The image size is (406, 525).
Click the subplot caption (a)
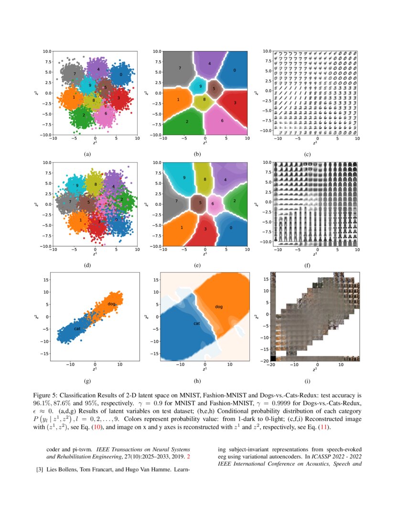click(86, 154)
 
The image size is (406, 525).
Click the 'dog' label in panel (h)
click(219, 306)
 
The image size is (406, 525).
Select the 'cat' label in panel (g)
click(77, 328)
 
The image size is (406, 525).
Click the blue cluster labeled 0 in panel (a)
click(121, 75)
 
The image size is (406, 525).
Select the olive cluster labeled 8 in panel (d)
click(96, 184)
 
